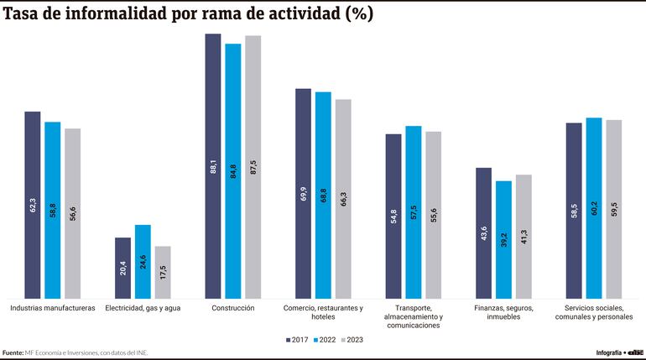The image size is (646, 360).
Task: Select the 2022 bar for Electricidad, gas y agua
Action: pos(143,261)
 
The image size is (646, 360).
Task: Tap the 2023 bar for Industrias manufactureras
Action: pos(72,213)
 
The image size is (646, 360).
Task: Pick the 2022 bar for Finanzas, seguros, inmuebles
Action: pos(503,239)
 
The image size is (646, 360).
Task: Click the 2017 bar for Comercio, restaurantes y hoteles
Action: pos(303,193)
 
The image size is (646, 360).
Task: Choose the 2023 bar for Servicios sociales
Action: pos(614,209)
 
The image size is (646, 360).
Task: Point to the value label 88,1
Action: pos(213,166)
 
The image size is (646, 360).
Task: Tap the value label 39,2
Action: pos(503,239)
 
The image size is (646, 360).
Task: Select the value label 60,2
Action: pos(594,209)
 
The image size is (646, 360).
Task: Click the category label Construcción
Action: pos(232,308)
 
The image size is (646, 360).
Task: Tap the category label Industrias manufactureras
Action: pos(52,308)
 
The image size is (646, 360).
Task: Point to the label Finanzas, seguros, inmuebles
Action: pos(503,312)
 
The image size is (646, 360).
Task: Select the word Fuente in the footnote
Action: pos(13,352)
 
